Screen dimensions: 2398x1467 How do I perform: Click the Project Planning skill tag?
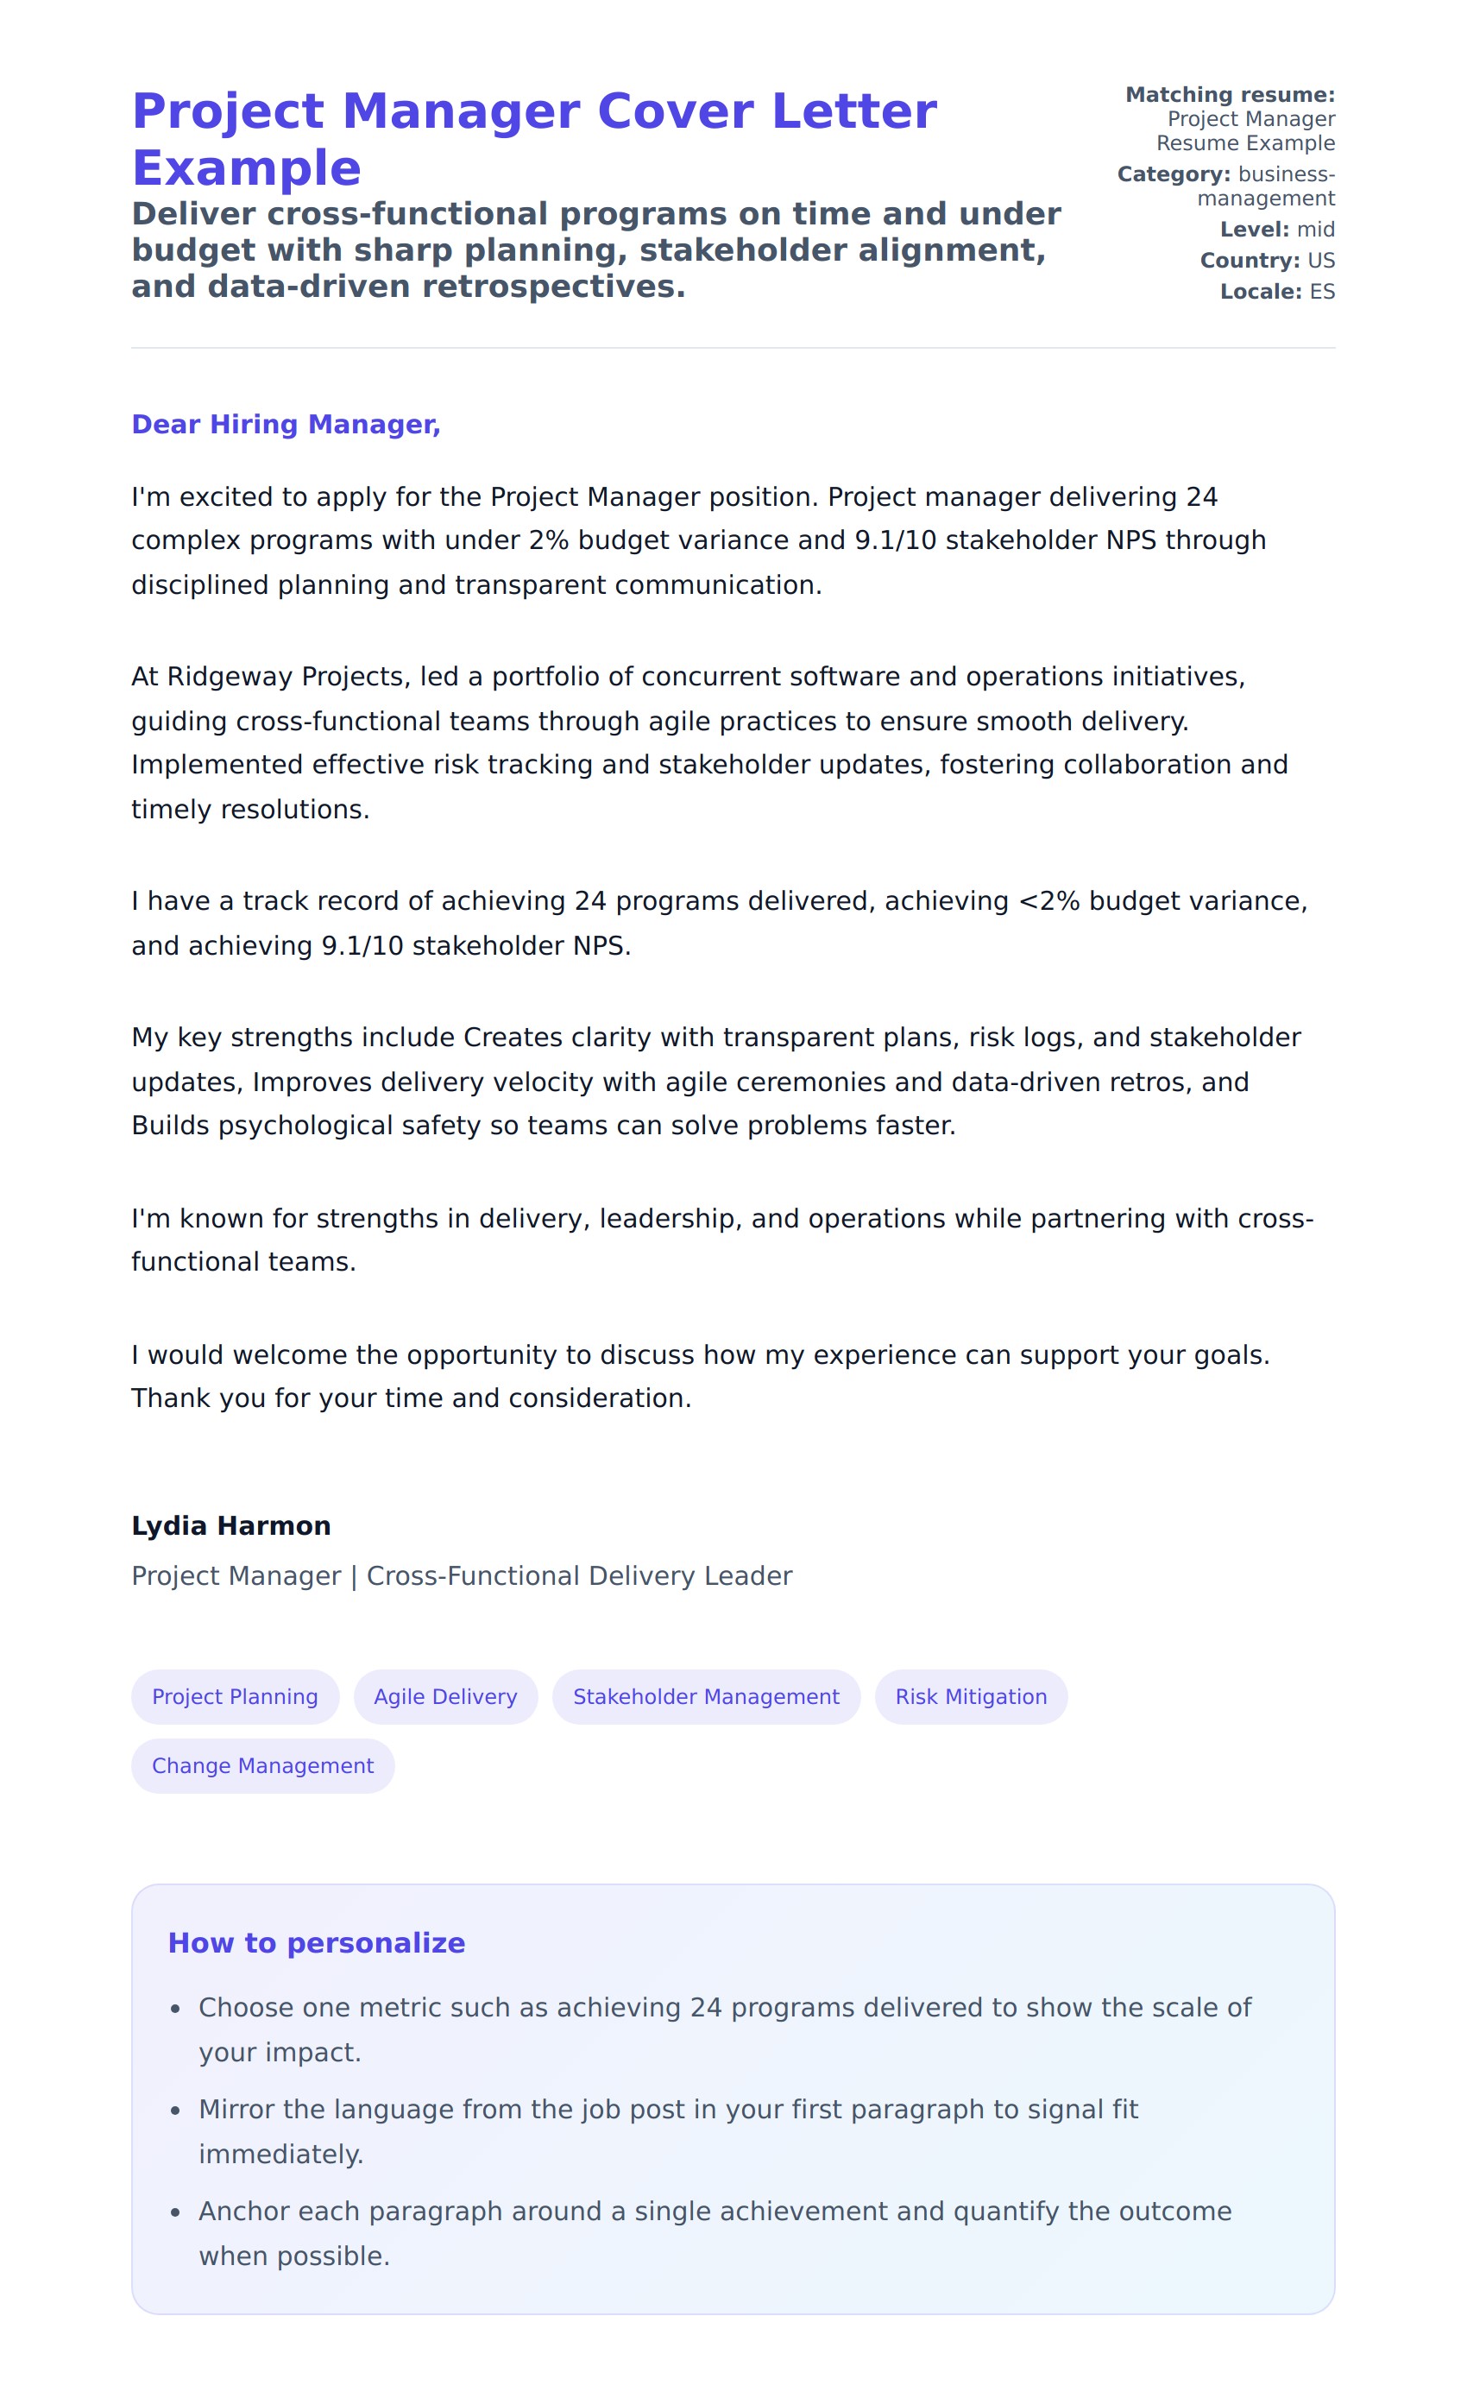coord(235,1696)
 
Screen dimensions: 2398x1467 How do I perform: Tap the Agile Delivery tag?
coord(445,1696)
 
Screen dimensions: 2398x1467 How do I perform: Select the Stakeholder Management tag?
coord(705,1696)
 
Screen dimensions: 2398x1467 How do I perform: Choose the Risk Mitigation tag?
coord(970,1696)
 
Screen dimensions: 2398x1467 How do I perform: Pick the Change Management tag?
coord(262,1765)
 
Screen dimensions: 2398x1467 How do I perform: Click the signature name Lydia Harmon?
coord(231,1525)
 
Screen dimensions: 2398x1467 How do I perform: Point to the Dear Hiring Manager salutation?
coord(286,425)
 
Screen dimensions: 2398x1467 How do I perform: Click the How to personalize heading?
coord(316,1942)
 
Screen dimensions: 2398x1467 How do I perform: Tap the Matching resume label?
coord(1230,94)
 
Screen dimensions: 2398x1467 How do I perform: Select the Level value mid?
coord(1315,230)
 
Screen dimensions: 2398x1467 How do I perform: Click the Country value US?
coord(1320,261)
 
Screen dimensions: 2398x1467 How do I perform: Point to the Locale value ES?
coord(1321,292)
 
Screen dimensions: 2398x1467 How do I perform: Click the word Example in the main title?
coord(246,168)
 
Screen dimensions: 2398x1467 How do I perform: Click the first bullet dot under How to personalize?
coord(175,2009)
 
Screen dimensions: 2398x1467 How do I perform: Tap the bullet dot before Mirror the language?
coord(175,2111)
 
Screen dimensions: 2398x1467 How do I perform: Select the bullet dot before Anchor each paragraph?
coord(175,2213)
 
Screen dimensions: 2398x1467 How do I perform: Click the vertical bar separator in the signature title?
coord(354,1575)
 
